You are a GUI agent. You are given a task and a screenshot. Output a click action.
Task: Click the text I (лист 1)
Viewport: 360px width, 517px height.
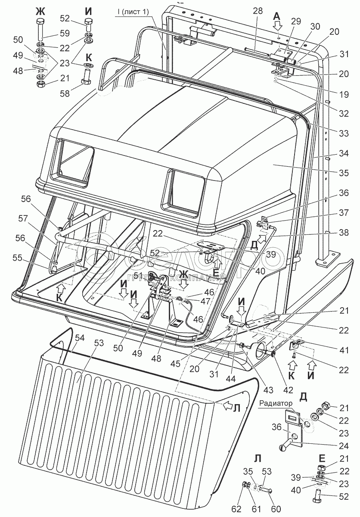click(131, 12)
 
